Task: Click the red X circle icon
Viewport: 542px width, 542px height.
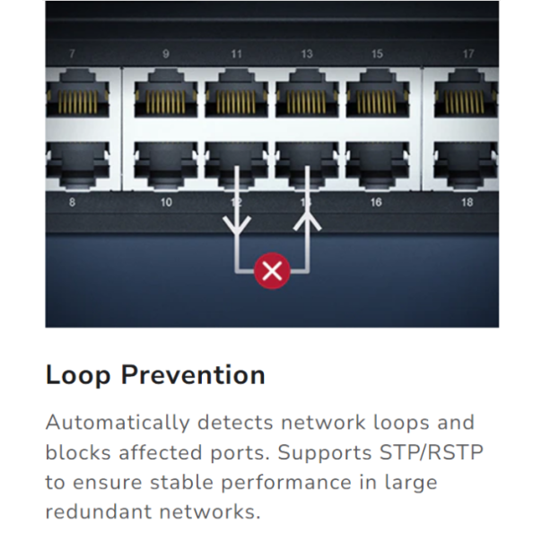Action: pos(272,271)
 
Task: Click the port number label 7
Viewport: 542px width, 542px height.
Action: pos(72,54)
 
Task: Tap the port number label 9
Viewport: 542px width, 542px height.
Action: pos(166,54)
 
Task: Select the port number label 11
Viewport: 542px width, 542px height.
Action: pos(236,54)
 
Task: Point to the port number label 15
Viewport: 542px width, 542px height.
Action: pos(377,54)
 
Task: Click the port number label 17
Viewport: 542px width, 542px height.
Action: pos(468,54)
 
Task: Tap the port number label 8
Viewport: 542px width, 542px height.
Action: pos(72,202)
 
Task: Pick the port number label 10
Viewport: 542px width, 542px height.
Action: pos(166,202)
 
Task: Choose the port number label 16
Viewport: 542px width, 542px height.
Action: pos(376,202)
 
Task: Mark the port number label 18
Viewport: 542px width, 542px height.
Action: pos(468,202)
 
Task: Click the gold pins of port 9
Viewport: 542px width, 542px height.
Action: pos(165,101)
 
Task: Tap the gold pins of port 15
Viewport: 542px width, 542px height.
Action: pos(377,101)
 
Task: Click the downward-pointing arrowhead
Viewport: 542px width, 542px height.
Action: pos(237,225)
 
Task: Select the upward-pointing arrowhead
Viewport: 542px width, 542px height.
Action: pos(307,222)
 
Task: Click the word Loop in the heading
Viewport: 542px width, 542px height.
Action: pos(78,376)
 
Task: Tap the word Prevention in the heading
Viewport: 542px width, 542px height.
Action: pos(193,375)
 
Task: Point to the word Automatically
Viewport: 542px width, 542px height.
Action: pos(118,424)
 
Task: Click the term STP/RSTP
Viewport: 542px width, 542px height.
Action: pos(432,453)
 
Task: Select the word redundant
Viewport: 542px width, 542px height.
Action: pos(99,511)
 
